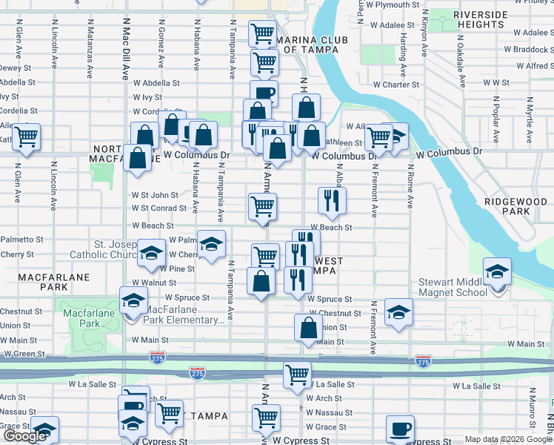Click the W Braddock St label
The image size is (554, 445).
point(523,50)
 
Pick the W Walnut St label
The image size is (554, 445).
point(154,283)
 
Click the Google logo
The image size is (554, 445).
point(24,436)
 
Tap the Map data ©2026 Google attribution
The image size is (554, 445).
point(508,440)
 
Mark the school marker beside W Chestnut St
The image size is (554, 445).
point(398,312)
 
